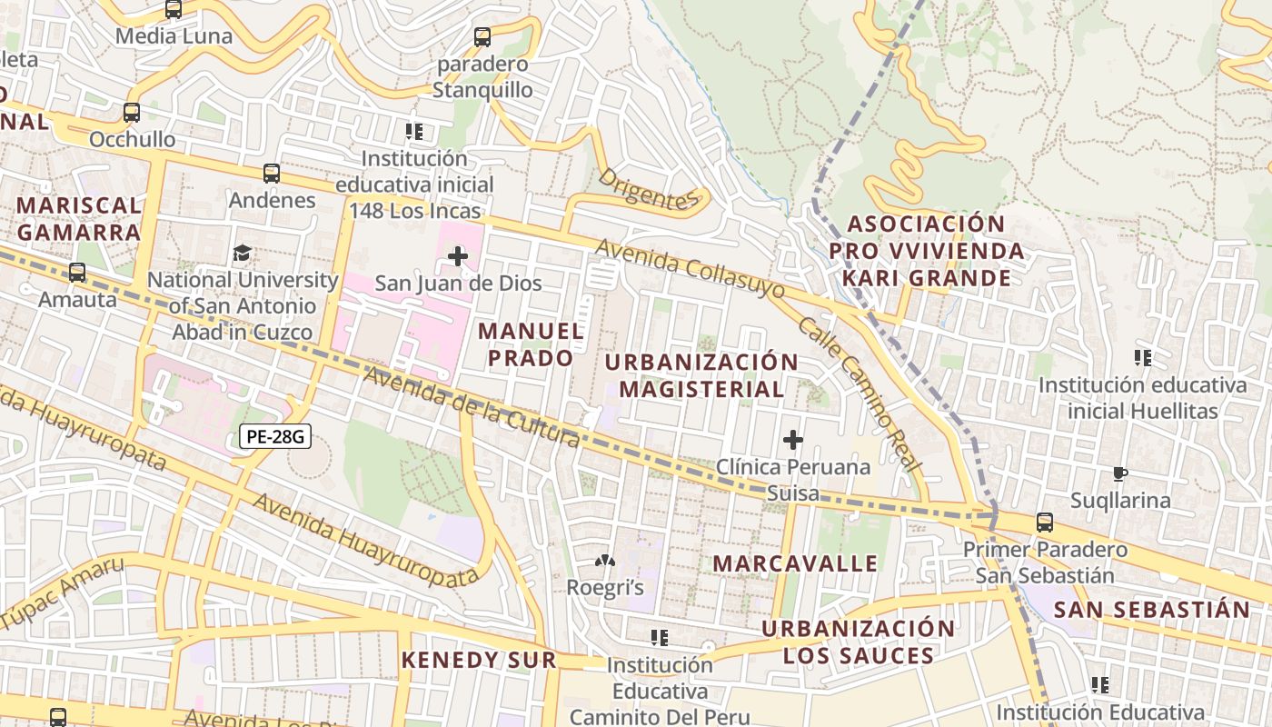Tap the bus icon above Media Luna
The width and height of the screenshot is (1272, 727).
[174, 10]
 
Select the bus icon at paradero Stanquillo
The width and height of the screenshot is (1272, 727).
[482, 37]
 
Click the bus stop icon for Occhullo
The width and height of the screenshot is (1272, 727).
[132, 113]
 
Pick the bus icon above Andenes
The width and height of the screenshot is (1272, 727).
[271, 173]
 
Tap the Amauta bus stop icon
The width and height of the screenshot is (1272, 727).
[77, 272]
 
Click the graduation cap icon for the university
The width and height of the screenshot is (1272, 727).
[242, 253]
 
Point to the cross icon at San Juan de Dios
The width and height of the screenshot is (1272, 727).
[458, 256]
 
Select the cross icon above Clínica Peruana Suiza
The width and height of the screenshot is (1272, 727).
[792, 441]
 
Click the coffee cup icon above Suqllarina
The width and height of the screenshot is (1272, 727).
[1119, 473]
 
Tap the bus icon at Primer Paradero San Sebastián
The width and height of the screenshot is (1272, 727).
[1045, 523]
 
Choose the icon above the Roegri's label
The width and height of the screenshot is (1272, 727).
[604, 563]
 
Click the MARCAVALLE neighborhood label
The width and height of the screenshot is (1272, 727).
[795, 563]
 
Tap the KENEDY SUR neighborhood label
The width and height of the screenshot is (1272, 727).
[479, 660]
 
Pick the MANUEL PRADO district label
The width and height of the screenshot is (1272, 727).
[532, 344]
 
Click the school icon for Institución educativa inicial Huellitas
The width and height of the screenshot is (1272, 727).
[1143, 358]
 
